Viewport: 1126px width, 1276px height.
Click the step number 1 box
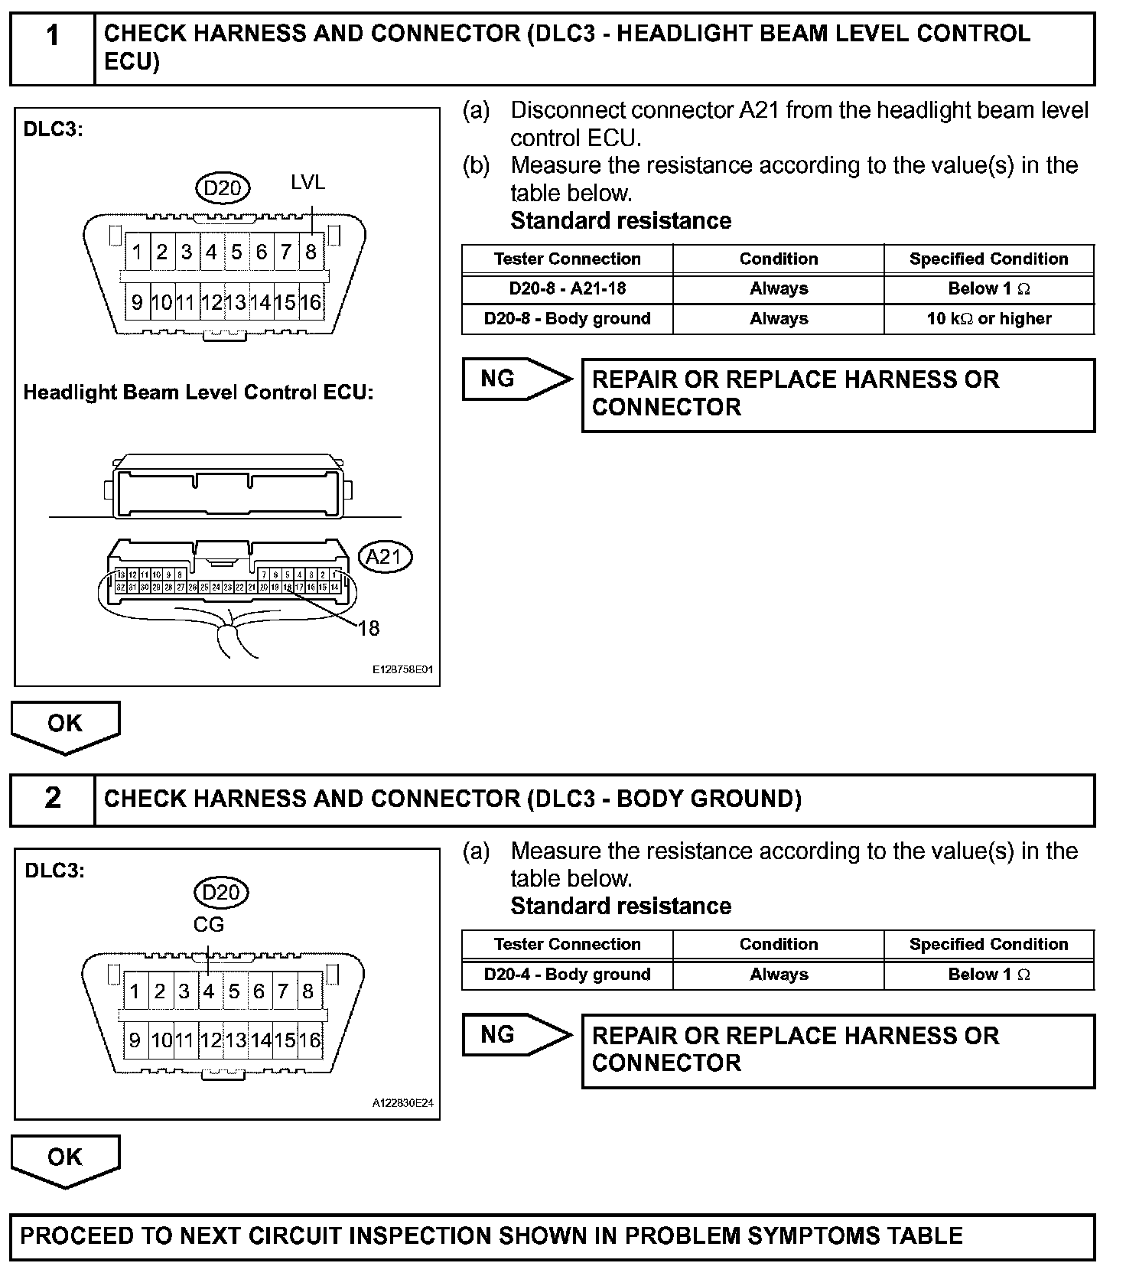52,47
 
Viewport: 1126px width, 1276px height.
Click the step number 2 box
52,799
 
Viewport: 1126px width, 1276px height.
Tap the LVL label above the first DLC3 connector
308,182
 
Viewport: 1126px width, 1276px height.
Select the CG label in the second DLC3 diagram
209,925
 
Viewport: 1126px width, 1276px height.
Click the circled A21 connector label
385,557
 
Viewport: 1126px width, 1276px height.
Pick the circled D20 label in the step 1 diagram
223,187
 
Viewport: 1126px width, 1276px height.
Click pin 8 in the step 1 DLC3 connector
311,252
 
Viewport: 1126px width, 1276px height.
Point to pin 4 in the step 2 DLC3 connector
209,991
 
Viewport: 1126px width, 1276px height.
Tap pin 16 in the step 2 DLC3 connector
310,1040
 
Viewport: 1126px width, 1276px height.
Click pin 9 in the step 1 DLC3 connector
137,302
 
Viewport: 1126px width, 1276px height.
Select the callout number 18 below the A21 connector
369,629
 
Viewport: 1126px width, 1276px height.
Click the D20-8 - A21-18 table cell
567,289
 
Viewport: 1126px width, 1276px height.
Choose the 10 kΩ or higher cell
988,319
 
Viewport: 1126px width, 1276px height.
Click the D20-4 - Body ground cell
567,975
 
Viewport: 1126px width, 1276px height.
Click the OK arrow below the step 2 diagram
65,1159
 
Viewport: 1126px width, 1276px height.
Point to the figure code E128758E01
403,669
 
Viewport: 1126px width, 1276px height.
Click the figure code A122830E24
403,1103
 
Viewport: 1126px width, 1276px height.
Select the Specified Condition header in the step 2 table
988,945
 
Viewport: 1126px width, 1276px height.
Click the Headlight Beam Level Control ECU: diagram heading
198,392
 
